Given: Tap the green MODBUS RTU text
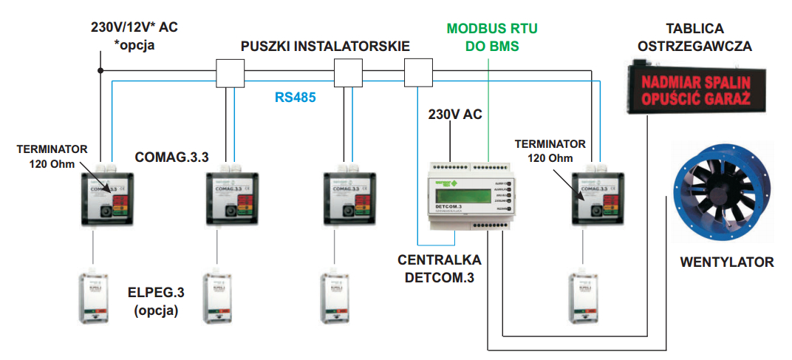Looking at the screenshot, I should (x=492, y=30).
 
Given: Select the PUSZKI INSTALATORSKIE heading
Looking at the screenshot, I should (x=325, y=47).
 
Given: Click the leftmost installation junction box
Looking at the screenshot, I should (x=229, y=73).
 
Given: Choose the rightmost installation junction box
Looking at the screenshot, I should (x=419, y=73).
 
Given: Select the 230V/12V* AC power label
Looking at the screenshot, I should (x=134, y=35).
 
